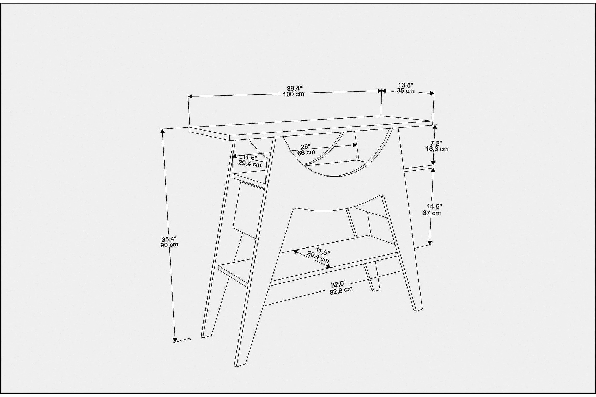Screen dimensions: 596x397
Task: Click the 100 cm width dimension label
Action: [294, 94]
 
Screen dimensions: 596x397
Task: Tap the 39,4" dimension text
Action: [294, 89]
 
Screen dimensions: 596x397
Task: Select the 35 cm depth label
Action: [406, 91]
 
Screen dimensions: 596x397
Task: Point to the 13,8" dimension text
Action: [406, 85]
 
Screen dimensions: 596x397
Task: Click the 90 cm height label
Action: [169, 245]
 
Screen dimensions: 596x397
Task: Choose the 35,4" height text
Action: [169, 239]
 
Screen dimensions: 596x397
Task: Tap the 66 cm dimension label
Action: [306, 152]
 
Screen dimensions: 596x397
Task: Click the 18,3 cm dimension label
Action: [437, 149]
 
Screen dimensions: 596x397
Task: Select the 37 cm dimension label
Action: [432, 213]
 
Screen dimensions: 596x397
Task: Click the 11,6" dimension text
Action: [250, 158]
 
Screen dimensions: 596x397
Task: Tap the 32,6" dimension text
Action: [338, 284]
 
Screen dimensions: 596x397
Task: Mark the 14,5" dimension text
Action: [434, 207]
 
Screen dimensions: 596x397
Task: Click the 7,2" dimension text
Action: [436, 143]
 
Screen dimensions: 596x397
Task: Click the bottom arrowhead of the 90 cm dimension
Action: [175, 340]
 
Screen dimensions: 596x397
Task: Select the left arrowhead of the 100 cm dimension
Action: [190, 97]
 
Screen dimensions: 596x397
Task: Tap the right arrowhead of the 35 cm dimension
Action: [432, 93]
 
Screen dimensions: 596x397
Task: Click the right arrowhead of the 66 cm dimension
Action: [355, 145]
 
